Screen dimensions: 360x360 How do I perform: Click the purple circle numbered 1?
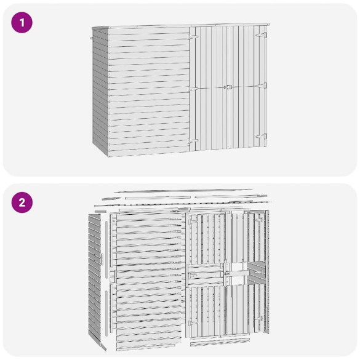pos(22,23)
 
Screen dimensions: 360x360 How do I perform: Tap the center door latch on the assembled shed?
pos(228,88)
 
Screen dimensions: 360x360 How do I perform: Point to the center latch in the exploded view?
pos(227,269)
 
